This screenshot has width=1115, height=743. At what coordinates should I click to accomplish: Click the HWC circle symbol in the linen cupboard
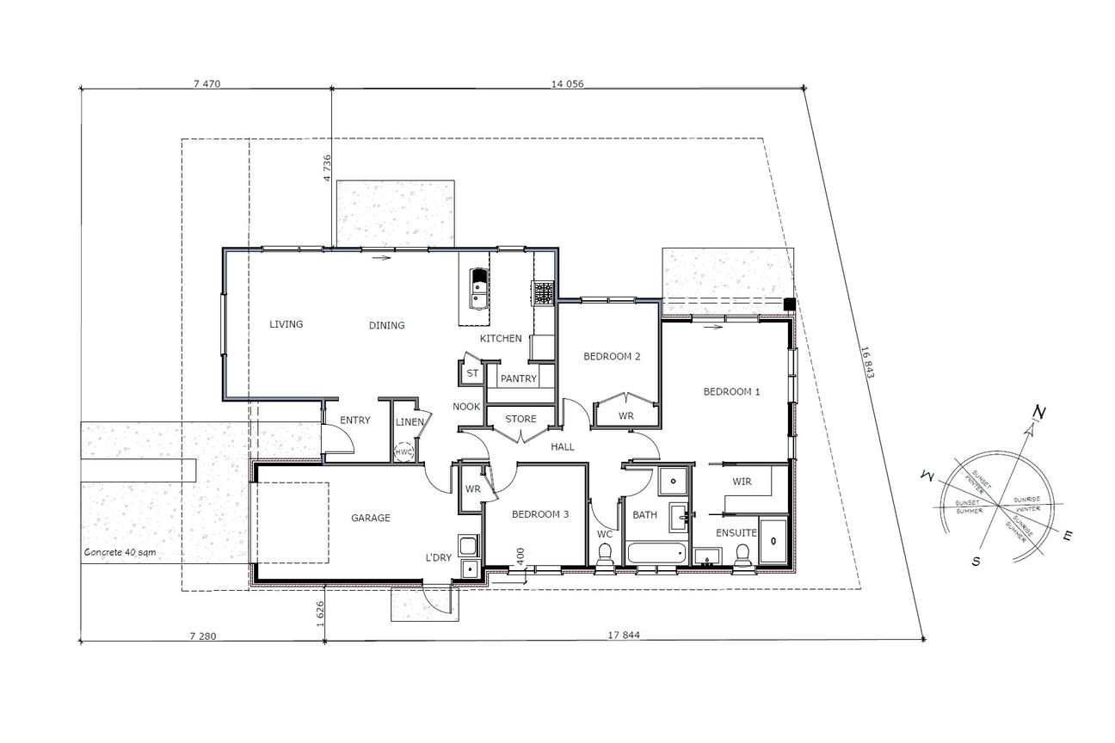(403, 452)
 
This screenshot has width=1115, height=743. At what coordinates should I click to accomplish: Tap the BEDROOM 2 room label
(612, 356)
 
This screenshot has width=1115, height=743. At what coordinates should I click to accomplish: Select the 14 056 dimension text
(568, 83)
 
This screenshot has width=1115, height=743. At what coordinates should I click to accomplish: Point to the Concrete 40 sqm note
(120, 552)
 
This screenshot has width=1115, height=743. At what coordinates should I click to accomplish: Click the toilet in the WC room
(605, 555)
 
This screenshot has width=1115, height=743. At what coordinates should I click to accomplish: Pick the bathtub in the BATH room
(656, 554)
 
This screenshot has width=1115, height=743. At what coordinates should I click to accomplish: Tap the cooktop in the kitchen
(543, 293)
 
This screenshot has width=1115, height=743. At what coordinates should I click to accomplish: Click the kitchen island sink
(479, 289)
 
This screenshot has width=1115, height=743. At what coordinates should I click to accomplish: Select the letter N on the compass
(1039, 413)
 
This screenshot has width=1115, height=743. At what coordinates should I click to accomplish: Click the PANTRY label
(519, 378)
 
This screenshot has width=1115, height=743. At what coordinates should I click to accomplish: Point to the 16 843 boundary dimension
(867, 362)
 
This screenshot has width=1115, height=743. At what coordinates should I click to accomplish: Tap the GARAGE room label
(371, 518)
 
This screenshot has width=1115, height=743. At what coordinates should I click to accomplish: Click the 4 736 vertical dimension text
(327, 169)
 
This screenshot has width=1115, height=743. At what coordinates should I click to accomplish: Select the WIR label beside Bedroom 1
(742, 482)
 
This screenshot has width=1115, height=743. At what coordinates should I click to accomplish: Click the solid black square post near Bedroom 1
(790, 304)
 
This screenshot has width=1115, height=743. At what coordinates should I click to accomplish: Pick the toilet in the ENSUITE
(742, 555)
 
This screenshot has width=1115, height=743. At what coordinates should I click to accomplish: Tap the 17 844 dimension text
(624, 635)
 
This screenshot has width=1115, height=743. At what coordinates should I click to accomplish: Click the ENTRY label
(355, 421)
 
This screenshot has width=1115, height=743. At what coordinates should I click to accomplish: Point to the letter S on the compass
(976, 562)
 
